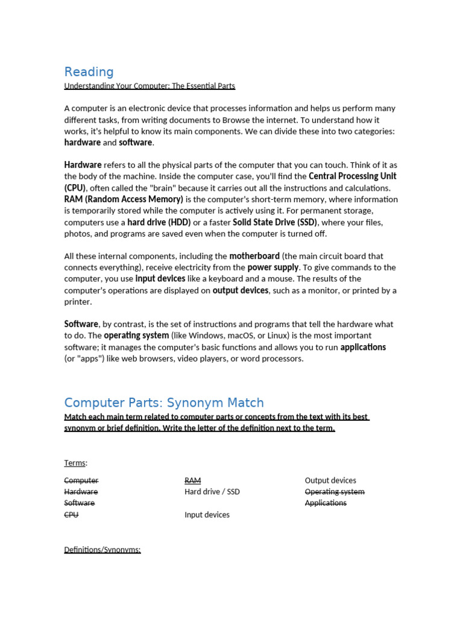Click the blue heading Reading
[89, 72]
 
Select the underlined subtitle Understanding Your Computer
[150, 86]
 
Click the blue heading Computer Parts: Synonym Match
[164, 403]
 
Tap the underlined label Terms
[75, 463]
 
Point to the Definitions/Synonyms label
[102, 550]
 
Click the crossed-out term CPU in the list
[71, 515]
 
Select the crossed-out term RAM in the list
[192, 480]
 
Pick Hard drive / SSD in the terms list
[212, 492]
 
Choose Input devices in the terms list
[207, 515]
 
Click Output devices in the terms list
[330, 480]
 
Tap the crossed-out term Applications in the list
[326, 503]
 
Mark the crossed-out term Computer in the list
[81, 480]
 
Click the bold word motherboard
[254, 256]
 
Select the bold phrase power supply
[273, 267]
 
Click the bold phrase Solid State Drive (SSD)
[275, 222]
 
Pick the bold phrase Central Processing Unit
[352, 176]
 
